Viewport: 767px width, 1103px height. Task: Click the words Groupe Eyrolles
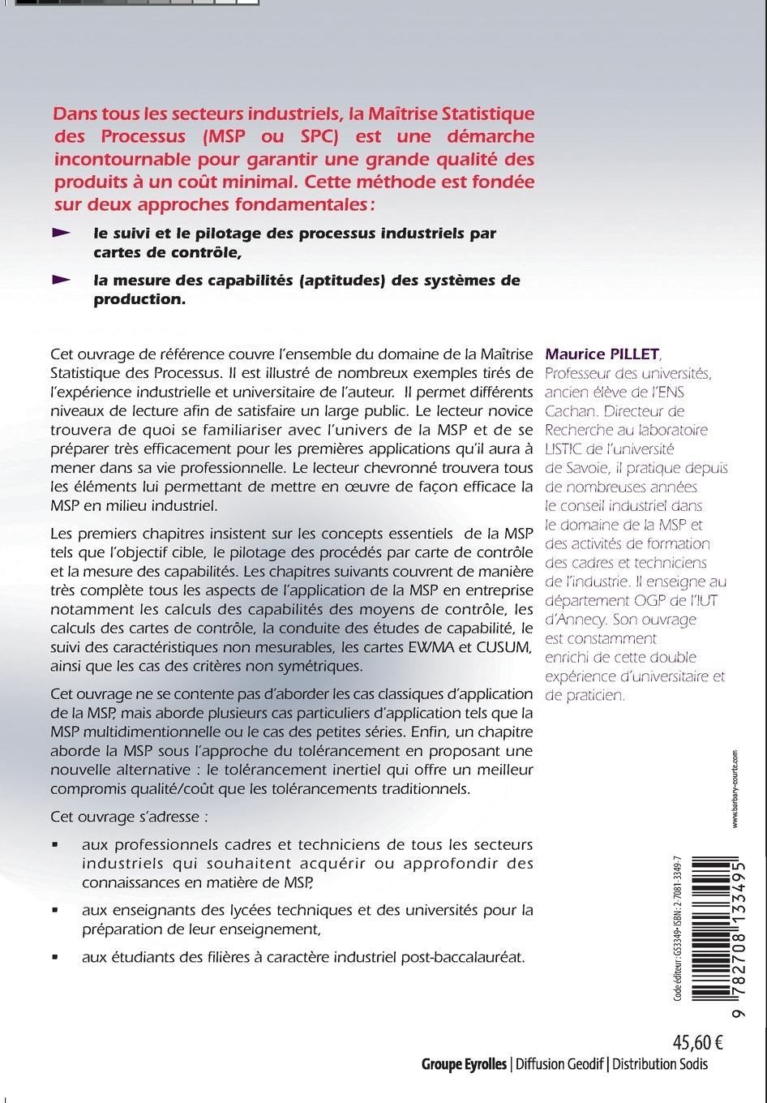[464, 1064]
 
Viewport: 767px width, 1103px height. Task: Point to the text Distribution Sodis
[661, 1064]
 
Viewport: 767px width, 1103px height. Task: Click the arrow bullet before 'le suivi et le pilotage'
[62, 233]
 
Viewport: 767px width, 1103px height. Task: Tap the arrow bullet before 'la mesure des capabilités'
[62, 280]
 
